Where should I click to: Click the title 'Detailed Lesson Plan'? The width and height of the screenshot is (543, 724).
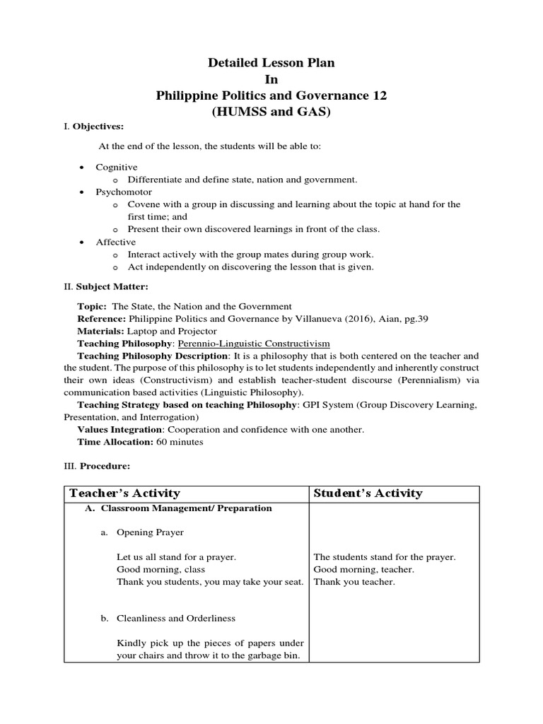[x=271, y=63]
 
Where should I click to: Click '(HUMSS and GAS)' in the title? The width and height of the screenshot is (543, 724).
[x=271, y=112]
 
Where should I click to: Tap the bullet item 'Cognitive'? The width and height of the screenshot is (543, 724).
[x=115, y=167]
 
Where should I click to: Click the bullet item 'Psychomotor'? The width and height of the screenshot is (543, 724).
[x=124, y=192]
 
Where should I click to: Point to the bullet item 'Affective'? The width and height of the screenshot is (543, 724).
[x=117, y=242]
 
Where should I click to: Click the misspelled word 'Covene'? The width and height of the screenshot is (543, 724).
[x=143, y=204]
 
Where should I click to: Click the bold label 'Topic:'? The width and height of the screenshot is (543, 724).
[x=92, y=306]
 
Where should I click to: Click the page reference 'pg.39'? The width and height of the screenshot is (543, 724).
[x=414, y=319]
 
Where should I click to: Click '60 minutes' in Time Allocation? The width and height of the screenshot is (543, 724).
[x=181, y=442]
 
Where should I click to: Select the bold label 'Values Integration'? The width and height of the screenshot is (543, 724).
[x=116, y=429]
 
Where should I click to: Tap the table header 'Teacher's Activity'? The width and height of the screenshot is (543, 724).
[x=124, y=494]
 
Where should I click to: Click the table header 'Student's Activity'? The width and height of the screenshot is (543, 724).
[x=368, y=494]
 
